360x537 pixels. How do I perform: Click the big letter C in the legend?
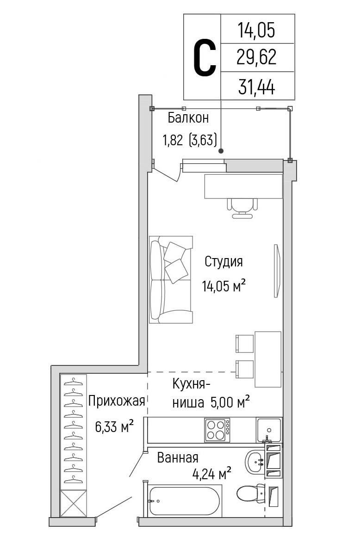click(205, 57)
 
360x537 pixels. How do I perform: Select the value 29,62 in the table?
click(256, 57)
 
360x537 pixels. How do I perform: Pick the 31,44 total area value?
click(256, 86)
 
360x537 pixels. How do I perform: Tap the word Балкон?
click(188, 118)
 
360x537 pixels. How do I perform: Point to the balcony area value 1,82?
click(173, 140)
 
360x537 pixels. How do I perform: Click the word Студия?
click(223, 262)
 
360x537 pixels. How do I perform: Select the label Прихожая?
click(117, 401)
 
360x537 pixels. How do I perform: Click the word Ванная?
click(178, 458)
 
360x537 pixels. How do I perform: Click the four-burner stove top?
click(217, 430)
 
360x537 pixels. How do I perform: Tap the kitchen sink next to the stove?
click(269, 430)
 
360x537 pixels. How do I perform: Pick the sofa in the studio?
click(171, 279)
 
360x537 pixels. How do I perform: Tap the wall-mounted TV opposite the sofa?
click(277, 271)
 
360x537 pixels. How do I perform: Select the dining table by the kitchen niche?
click(268, 359)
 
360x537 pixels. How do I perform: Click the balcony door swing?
click(167, 171)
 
